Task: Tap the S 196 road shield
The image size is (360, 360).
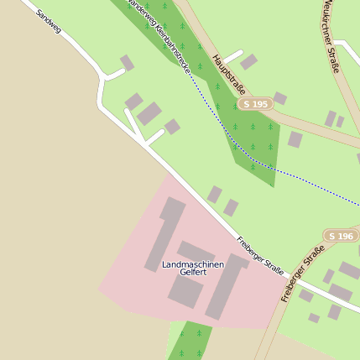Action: coord(341,236)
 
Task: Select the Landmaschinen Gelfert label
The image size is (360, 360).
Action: coord(193,269)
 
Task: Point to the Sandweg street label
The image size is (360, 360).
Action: coord(49,21)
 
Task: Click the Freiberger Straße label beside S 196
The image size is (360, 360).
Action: coord(302,273)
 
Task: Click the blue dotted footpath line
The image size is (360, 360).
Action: coord(302,179)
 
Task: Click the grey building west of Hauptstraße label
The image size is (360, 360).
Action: coord(248,61)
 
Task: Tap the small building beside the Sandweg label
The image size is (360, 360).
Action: coord(127,62)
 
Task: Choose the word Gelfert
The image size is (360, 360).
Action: coord(193,274)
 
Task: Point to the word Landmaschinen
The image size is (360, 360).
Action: coord(193,264)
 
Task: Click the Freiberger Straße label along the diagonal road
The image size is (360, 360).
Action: coord(259,254)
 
